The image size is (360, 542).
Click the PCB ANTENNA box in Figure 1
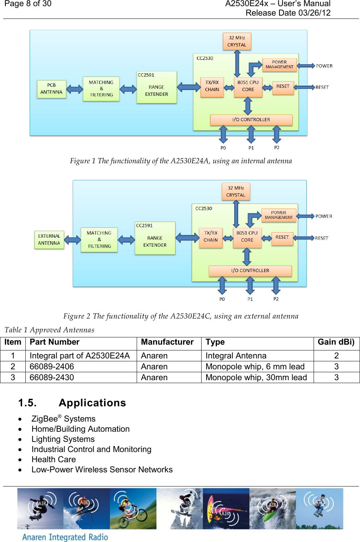(51, 89)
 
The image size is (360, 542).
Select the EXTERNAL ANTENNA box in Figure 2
(49, 239)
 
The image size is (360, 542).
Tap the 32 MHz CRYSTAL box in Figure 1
(237, 41)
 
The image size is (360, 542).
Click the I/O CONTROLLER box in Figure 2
(250, 271)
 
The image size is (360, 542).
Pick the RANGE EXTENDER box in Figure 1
(157, 88)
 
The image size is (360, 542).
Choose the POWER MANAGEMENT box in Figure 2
(278, 215)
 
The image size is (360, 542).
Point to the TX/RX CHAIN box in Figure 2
(211, 237)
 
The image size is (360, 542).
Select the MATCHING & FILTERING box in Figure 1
(101, 89)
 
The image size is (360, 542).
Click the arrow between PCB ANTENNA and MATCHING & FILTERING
(75, 89)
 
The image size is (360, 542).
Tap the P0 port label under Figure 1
(223, 148)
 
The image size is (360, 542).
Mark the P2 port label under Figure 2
(276, 299)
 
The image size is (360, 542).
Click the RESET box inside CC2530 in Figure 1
(283, 87)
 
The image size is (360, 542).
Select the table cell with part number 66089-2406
(52, 367)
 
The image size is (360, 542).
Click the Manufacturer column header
(167, 342)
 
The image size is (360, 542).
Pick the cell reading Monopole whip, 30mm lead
(256, 378)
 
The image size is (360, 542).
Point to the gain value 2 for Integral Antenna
(336, 356)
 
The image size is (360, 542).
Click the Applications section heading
(92, 403)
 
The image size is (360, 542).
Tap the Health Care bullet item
(54, 460)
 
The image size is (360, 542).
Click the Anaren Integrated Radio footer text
(65, 537)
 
